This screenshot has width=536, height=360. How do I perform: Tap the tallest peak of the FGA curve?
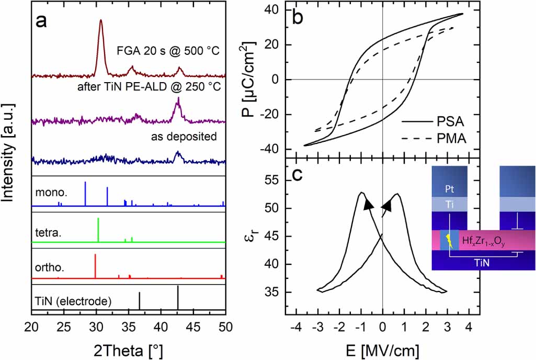pyautogui.click(x=100, y=21)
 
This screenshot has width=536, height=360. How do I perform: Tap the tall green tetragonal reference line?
pyautogui.click(x=98, y=229)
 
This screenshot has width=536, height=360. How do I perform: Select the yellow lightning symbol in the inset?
pyautogui.click(x=449, y=241)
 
